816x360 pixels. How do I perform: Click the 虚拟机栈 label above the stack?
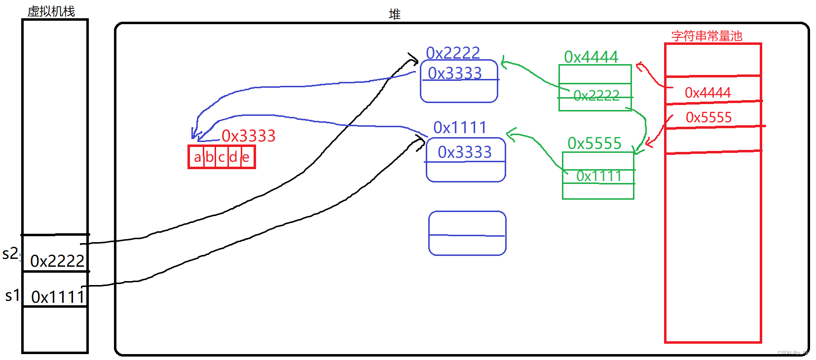tap(51, 11)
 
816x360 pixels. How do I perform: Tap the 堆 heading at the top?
tap(394, 14)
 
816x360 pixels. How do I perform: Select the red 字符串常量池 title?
tap(706, 36)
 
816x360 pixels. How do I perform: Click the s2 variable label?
tap(10, 254)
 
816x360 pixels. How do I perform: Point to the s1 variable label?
tap(12, 295)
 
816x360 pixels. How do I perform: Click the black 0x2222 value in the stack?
tap(57, 261)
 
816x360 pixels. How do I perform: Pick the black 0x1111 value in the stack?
tap(58, 297)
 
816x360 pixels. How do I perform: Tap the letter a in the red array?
tap(197, 157)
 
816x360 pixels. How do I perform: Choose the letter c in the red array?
tap(222, 157)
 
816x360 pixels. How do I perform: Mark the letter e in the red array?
tap(246, 157)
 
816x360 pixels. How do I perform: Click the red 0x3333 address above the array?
tap(248, 136)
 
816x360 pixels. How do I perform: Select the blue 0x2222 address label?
tap(453, 53)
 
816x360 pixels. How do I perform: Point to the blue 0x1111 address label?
tap(460, 127)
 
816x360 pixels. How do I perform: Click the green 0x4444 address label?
tap(591, 57)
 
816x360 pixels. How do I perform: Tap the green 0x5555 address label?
tap(594, 143)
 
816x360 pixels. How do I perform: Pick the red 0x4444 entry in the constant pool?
tap(708, 92)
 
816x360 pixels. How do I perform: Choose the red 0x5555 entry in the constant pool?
tap(709, 117)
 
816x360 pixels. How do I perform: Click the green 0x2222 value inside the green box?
tap(596, 95)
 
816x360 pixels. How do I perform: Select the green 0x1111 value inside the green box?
tap(599, 176)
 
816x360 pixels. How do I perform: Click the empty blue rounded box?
tap(467, 233)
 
